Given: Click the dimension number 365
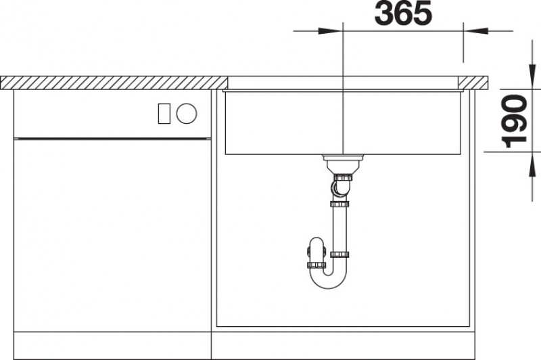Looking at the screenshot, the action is (x=403, y=13).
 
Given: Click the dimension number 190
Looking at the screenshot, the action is (x=515, y=121).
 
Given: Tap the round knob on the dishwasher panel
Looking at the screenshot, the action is (x=187, y=113).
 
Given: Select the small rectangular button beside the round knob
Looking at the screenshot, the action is (x=164, y=113).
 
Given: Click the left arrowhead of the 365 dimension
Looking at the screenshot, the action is (x=330, y=31).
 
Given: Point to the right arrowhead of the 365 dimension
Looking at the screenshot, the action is (x=476, y=31).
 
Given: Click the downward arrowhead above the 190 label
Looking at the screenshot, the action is (x=532, y=76).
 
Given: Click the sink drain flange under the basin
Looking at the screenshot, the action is (x=344, y=158).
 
